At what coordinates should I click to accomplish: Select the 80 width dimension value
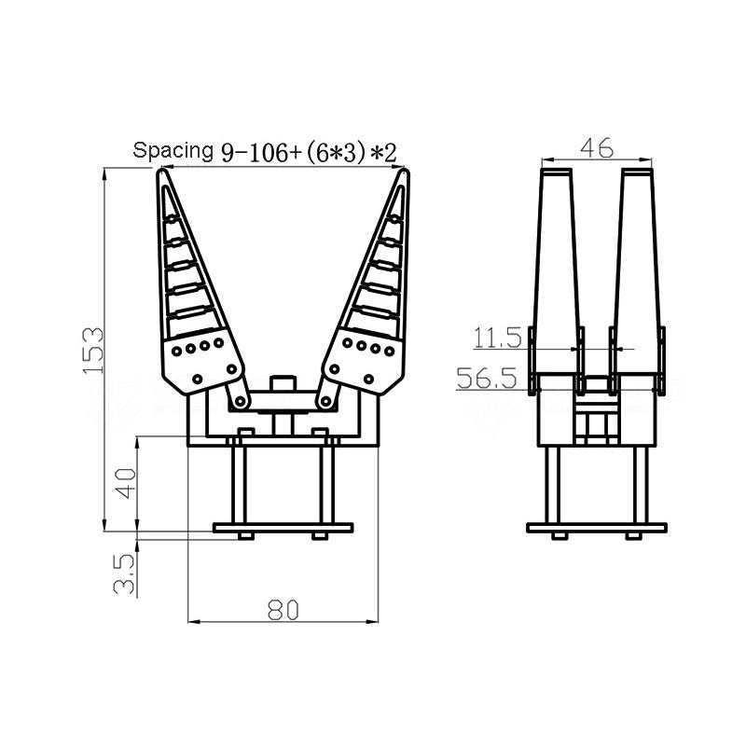283,610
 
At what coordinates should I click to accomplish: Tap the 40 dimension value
127,483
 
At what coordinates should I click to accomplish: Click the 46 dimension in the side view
597,148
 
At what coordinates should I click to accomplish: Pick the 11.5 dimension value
498,338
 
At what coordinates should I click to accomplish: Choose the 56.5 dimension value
487,379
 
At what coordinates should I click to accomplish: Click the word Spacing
173,150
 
